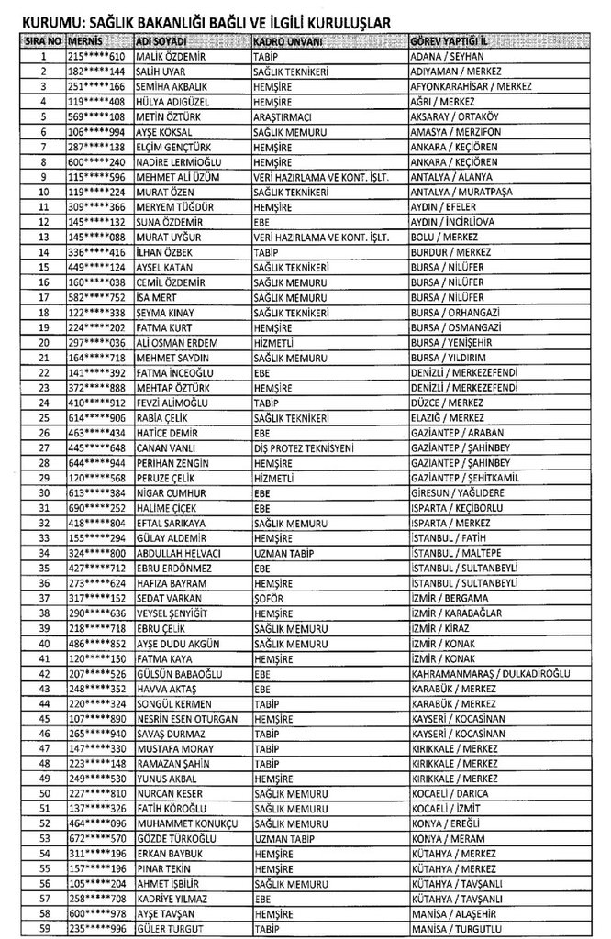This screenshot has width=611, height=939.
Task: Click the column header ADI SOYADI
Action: pos(161,42)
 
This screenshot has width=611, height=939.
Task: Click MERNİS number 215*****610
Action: pos(98,56)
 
